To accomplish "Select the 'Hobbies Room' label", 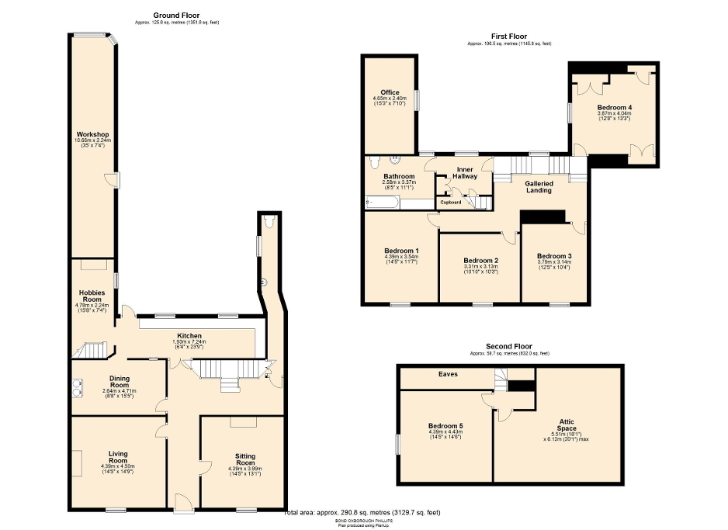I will point(92,296).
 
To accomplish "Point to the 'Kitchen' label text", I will point(189,336).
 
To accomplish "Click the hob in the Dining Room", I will point(78,383).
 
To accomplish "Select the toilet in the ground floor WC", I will point(269,222).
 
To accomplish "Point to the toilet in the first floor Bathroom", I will point(374,161).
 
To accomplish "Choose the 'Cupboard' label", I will point(451,203).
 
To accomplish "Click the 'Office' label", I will point(390,93).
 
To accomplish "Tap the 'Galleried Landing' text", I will point(539,188).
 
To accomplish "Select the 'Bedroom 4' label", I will point(614,108).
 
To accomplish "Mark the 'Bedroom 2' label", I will point(480,261).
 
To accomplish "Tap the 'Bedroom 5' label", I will point(445,426).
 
